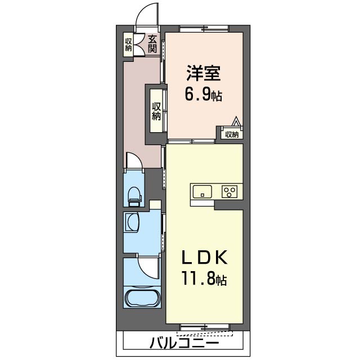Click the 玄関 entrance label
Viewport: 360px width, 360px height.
[152, 44]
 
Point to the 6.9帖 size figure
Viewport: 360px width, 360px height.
[204, 94]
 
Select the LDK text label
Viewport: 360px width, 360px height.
[204, 258]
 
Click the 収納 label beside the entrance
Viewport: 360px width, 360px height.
[128, 44]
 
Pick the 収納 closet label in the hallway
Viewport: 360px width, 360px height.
[156, 111]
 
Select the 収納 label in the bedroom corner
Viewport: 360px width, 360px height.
[232, 135]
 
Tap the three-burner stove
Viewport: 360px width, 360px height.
[229, 191]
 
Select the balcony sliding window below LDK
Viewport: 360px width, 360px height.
[205, 326]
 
